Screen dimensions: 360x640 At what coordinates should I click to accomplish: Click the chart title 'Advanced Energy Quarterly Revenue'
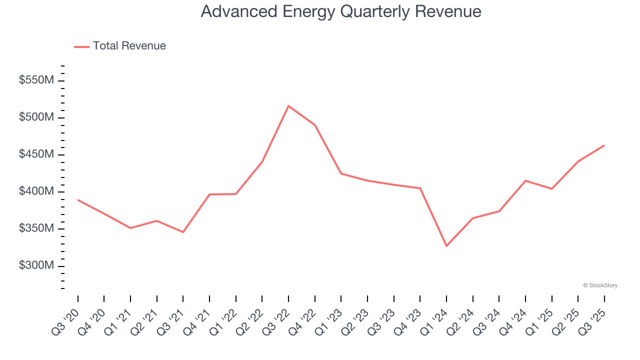[341, 11]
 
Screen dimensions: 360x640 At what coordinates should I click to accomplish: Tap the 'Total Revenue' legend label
[129, 46]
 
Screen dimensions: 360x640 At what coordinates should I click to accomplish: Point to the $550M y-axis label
[36, 80]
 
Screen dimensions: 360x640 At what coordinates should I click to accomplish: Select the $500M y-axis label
[36, 117]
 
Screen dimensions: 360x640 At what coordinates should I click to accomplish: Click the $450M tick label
[36, 154]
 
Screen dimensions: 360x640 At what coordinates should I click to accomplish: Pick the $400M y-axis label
[36, 191]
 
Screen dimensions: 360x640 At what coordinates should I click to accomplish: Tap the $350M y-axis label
[36, 228]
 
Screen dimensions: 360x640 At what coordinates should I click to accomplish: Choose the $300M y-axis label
[36, 265]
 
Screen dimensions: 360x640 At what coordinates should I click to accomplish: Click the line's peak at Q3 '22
[288, 106]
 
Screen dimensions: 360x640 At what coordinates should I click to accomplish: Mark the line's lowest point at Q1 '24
[446, 246]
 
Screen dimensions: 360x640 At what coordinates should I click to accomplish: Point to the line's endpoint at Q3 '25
[604, 145]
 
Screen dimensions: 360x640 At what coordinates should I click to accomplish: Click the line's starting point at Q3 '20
[78, 200]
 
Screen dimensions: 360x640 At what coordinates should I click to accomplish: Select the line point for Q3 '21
[183, 232]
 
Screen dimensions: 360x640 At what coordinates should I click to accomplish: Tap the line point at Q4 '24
[525, 180]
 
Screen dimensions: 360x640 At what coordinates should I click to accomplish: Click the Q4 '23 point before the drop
[420, 188]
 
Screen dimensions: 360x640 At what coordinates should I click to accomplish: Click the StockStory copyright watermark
[600, 285]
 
